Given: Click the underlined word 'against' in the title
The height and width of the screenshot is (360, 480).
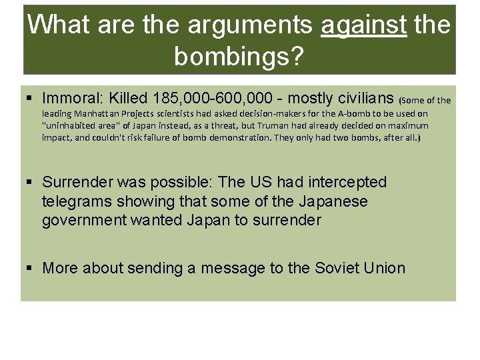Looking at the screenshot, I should coord(364,25).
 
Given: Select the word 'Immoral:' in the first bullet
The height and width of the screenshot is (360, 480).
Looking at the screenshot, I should coord(72,99).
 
